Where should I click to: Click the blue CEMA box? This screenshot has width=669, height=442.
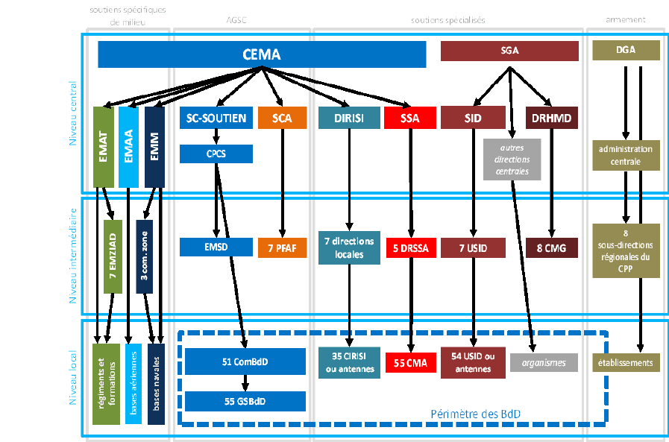[x=261, y=54]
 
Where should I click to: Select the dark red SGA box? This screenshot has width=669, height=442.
[x=509, y=51]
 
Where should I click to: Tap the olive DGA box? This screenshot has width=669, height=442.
[x=626, y=51]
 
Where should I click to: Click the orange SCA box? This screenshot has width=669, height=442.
[x=282, y=118]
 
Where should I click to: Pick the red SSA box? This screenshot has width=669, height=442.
[x=409, y=118]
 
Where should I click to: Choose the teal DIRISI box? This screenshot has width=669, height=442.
[x=348, y=118]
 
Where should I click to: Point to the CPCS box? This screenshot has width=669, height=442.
[x=216, y=154]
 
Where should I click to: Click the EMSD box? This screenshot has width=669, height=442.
[x=216, y=247]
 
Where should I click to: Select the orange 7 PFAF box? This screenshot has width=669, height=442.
[x=282, y=247]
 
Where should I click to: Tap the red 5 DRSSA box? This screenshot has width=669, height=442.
[x=409, y=247]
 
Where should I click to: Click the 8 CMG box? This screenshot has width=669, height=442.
[x=551, y=247]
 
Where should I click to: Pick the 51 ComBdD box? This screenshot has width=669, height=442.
[x=245, y=362]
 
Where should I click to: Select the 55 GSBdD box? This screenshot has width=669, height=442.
[x=245, y=401]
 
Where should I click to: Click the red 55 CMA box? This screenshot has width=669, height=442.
[x=409, y=363]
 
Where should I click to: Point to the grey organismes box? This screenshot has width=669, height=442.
[x=544, y=363]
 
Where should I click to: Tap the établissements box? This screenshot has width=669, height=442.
[x=626, y=363]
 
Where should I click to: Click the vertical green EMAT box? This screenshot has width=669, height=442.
[x=103, y=147]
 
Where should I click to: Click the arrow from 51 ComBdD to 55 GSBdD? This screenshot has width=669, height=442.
[x=245, y=382]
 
